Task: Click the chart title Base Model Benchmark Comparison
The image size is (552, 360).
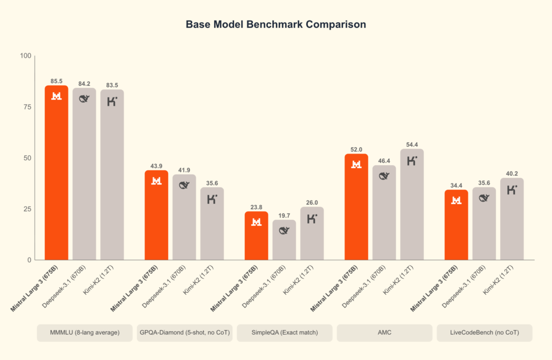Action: (x=275, y=25)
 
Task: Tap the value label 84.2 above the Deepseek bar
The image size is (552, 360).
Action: (x=84, y=83)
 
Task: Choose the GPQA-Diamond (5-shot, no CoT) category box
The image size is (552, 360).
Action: (x=184, y=333)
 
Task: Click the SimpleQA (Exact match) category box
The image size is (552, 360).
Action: (x=285, y=333)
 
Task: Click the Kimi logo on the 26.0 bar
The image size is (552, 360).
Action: (x=312, y=219)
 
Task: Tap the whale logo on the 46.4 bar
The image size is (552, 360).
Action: (x=384, y=176)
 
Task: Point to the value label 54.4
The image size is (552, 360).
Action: (x=412, y=144)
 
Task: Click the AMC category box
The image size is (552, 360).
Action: (x=384, y=333)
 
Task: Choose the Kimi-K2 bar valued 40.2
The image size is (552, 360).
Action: (x=512, y=221)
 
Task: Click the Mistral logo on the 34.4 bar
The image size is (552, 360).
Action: (x=456, y=200)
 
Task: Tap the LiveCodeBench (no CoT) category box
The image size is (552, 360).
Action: (x=484, y=333)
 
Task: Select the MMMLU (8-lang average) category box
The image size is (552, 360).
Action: (x=84, y=333)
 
